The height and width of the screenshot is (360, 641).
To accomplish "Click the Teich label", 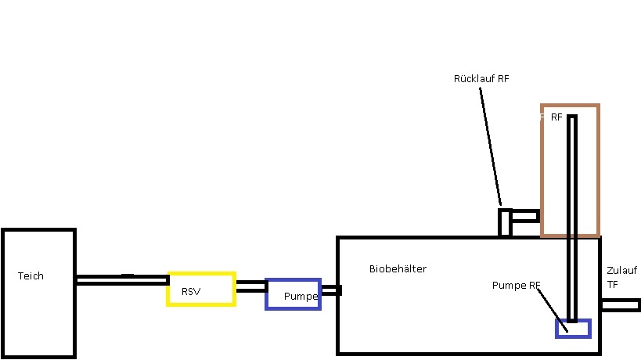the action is click(x=31, y=275).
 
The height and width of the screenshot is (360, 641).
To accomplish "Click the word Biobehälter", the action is click(x=398, y=268).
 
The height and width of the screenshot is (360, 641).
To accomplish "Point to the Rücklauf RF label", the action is click(x=481, y=78).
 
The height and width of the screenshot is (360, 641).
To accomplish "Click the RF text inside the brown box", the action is click(x=556, y=117).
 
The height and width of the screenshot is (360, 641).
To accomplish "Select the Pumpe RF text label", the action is click(x=516, y=285).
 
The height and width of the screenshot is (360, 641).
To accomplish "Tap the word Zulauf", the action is click(x=621, y=271).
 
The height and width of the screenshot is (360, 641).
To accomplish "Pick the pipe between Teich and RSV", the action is click(x=123, y=280).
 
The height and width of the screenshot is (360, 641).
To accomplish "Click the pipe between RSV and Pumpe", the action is click(x=251, y=286).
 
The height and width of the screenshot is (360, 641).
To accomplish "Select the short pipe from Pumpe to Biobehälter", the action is click(x=331, y=290).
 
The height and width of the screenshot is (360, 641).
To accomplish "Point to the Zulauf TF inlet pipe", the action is click(x=621, y=305).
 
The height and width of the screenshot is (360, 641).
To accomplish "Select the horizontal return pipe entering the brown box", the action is click(x=526, y=216).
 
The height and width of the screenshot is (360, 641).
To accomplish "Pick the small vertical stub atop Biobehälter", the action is click(x=506, y=223).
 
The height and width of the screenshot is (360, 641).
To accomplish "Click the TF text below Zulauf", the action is click(x=612, y=285).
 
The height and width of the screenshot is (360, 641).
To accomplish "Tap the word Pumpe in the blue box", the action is click(x=301, y=297).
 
